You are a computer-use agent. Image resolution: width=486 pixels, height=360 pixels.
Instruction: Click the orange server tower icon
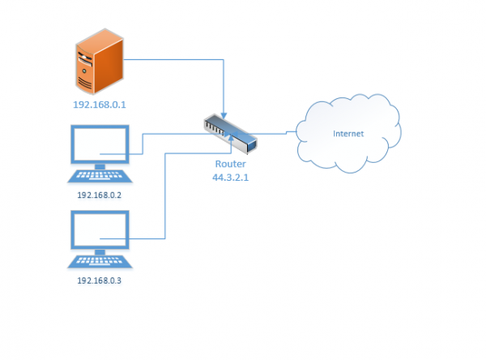[x=96, y=60]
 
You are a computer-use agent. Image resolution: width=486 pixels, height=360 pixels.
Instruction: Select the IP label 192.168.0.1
[x=100, y=105]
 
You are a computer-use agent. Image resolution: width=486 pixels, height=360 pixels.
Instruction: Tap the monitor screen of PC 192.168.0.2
[x=100, y=146]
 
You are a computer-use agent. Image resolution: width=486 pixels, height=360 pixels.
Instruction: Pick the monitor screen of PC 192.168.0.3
[x=100, y=231]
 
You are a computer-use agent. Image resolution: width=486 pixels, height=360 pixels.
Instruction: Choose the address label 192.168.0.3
[x=100, y=281]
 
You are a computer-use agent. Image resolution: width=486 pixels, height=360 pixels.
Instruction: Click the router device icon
[x=230, y=135]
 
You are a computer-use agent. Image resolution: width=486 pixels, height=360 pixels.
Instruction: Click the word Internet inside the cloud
[x=347, y=132]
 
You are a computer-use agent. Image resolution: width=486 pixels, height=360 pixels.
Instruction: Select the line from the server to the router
[x=178, y=59]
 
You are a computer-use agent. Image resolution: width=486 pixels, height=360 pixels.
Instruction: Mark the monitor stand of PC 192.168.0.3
[x=100, y=252]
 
